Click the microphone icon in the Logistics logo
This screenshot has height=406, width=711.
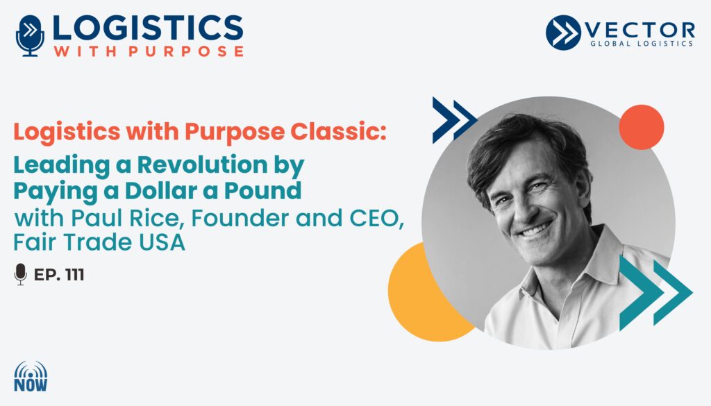pyautogui.click(x=30, y=36)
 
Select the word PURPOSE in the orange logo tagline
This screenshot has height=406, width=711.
pyautogui.click(x=186, y=51)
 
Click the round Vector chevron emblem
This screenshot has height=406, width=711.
pyautogui.click(x=563, y=33)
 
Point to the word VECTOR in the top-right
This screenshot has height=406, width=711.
pyautogui.click(x=639, y=30)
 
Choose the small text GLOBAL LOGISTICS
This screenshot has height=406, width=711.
pyautogui.click(x=642, y=44)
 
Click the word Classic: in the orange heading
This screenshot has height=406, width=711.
pyautogui.click(x=338, y=131)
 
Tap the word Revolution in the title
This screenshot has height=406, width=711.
pyautogui.click(x=202, y=164)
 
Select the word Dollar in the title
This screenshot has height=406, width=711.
pyautogui.click(x=160, y=191)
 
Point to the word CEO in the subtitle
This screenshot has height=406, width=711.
pyautogui.click(x=376, y=219)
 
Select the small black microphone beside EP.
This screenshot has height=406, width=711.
pyautogui.click(x=20, y=274)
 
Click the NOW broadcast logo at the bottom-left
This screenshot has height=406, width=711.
pyautogui.click(x=31, y=377)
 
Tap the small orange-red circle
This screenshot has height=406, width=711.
pyautogui.click(x=641, y=127)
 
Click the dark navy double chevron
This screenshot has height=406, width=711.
pyautogui.click(x=454, y=120)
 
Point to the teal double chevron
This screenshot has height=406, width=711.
pyautogui.click(x=655, y=292)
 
